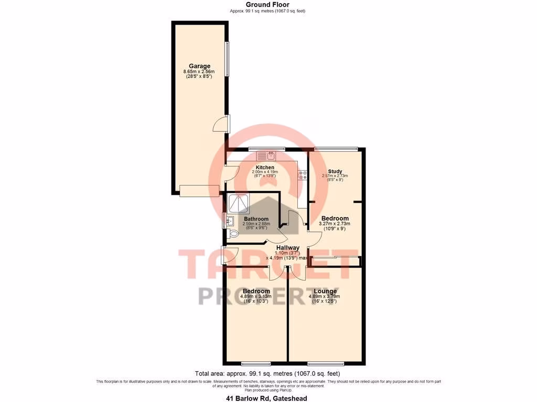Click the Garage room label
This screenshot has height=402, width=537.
[x=200, y=66]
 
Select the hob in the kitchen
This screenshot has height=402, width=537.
[x=303, y=175]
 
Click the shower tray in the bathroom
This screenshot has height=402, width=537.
[x=239, y=203]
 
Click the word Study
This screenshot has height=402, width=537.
[x=335, y=171]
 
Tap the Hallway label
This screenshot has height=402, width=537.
[x=288, y=248]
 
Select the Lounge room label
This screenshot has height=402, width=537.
[x=325, y=291]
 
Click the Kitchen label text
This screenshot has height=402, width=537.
[x=265, y=167]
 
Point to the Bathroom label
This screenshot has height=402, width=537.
[x=256, y=219]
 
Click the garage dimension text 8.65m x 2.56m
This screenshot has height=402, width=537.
[x=200, y=72]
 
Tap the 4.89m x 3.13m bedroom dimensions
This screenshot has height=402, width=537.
[x=256, y=296]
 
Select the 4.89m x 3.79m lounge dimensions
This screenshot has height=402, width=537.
[x=325, y=296]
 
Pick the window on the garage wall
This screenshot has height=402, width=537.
[x=227, y=58]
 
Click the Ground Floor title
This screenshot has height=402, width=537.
[x=267, y=5]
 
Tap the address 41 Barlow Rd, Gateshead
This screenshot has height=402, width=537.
[x=266, y=398]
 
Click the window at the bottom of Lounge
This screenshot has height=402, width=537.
[x=321, y=363]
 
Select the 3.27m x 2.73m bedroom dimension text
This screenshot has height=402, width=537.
[x=335, y=224]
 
